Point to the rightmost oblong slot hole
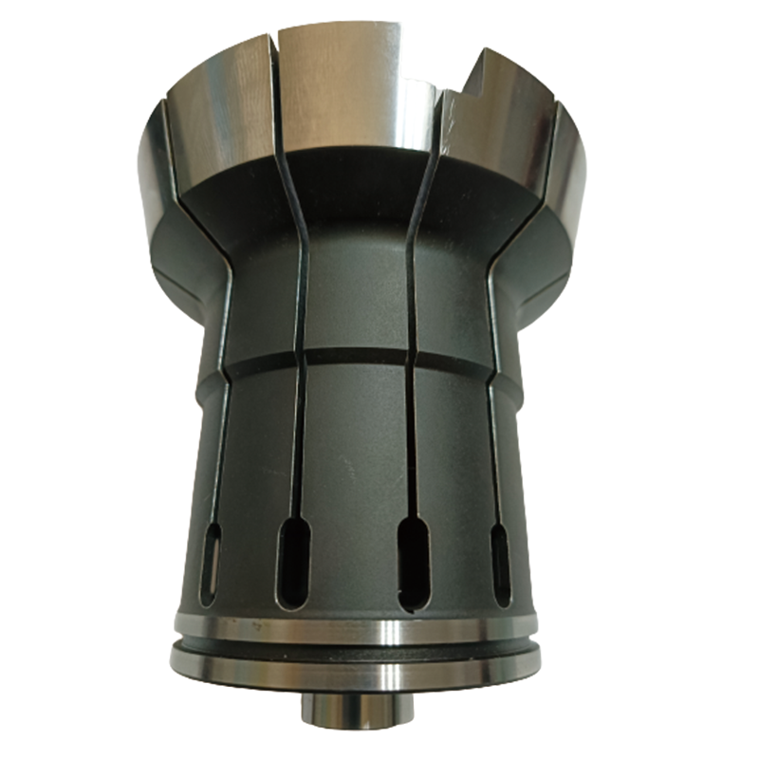coord(500,564)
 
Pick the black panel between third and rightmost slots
coord(455,474)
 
